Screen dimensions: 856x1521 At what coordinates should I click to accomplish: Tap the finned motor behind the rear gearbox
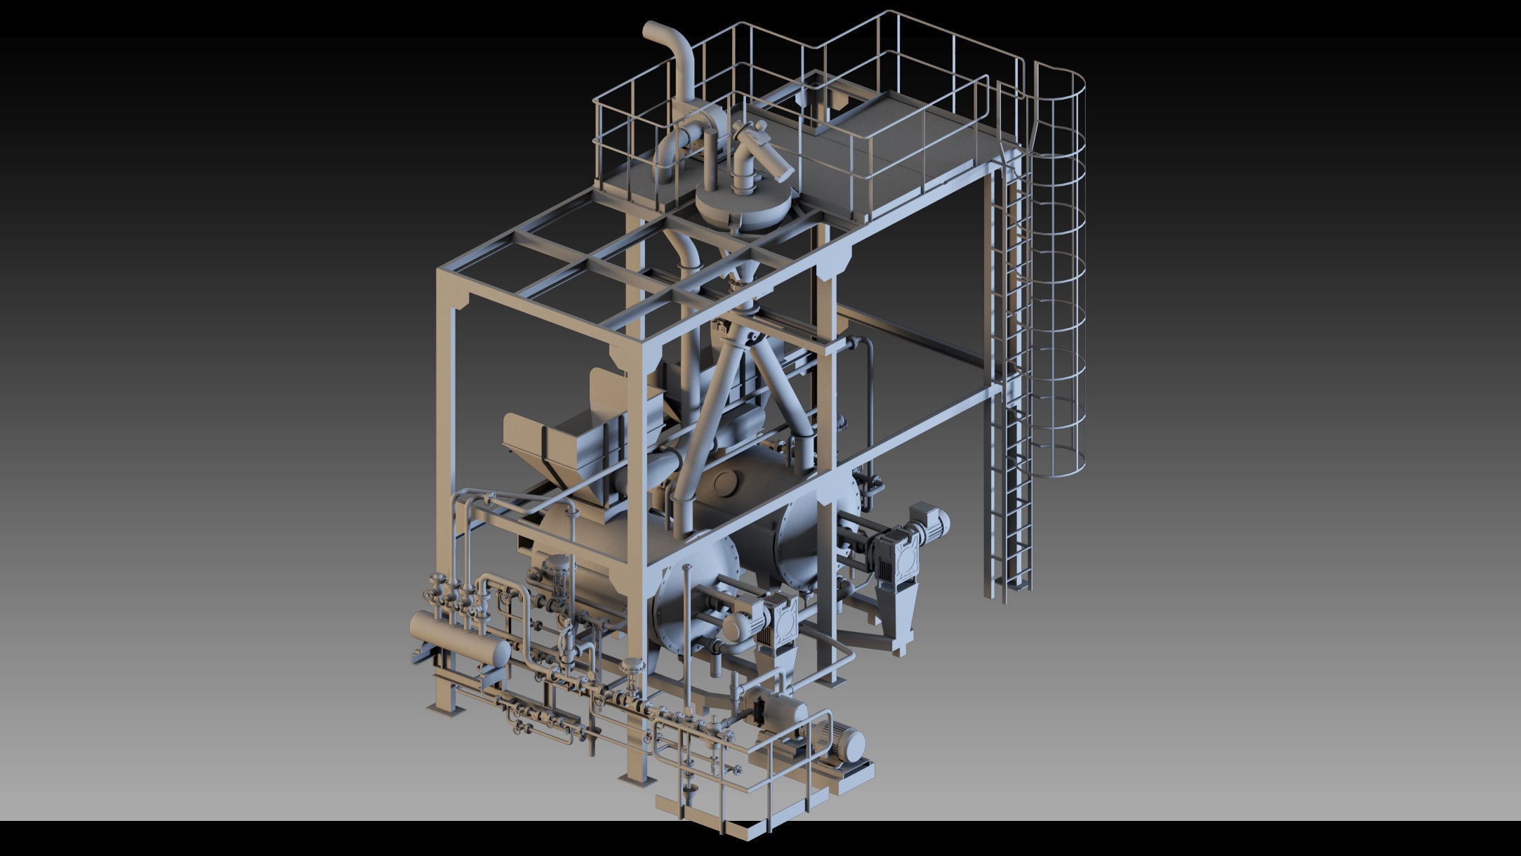pos(930,522)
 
